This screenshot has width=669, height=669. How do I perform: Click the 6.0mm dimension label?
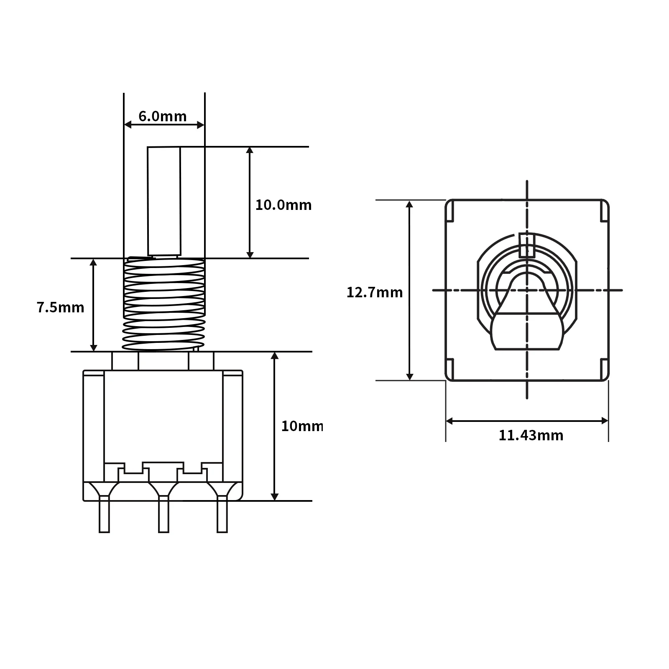point(162,116)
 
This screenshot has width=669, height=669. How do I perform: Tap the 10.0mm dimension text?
point(283,205)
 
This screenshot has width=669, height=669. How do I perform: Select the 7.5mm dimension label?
point(60,308)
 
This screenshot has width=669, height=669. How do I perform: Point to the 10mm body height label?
point(302,426)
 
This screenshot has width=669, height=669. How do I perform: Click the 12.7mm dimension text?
point(374,292)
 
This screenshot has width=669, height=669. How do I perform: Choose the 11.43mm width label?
point(531,436)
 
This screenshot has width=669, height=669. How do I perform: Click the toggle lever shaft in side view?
point(164,201)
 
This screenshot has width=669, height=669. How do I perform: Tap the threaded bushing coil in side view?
point(164,304)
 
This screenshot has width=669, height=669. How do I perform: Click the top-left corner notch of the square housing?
point(450,211)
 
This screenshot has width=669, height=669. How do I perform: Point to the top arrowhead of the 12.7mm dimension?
point(410,204)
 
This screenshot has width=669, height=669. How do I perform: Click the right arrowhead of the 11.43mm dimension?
point(605,421)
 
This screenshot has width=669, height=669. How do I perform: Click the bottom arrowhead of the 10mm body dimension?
point(275,496)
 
